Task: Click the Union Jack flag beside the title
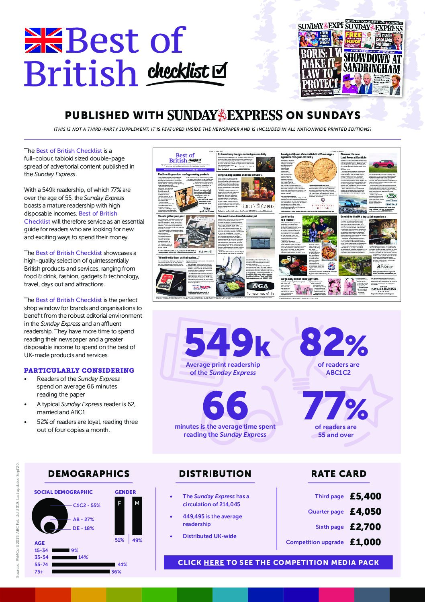coord(43,41)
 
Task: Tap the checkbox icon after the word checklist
coord(219,70)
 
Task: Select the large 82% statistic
coord(333,341)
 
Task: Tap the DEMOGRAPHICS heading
coord(89,474)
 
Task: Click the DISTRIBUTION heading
coord(215,474)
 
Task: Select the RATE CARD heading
coord(339,474)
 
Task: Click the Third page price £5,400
coord(365,496)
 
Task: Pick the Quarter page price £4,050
coord(365,512)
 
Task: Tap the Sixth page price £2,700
coord(365,527)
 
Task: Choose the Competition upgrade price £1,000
coord(365,542)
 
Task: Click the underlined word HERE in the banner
coord(214,563)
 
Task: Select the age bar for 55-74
coord(84,564)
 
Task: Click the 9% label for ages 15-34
coord(75,550)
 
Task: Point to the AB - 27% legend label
coord(83,519)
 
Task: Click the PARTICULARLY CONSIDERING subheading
coord(79,370)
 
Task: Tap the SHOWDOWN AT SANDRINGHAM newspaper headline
coord(372,63)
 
